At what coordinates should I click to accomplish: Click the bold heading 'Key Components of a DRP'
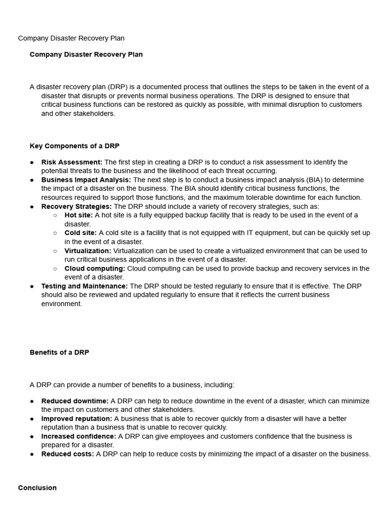[x=74, y=146]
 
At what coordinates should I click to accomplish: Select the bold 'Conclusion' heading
[x=37, y=487]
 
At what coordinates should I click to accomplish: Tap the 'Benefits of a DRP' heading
[x=59, y=352]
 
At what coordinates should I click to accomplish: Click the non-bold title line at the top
[x=71, y=38]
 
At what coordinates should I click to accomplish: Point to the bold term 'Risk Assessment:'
[x=72, y=162]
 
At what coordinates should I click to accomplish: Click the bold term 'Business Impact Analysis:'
[x=86, y=180]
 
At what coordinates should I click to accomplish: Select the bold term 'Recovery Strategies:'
[x=76, y=206]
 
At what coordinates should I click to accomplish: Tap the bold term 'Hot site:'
[x=79, y=215]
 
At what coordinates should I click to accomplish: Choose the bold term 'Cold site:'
[x=81, y=233]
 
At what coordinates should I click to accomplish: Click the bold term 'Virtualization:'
[x=88, y=250]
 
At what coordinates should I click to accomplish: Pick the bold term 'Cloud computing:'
[x=95, y=269]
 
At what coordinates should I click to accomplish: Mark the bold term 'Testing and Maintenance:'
[x=84, y=286]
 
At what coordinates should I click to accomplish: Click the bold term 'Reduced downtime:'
[x=75, y=401]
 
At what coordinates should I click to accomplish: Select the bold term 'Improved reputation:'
[x=77, y=418]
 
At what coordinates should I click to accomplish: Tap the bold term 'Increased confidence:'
[x=79, y=436]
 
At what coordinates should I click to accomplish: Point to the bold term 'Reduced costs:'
[x=68, y=454]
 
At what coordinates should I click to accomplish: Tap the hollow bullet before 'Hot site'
[x=55, y=215]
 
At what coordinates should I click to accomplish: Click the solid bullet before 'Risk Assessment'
[x=32, y=162]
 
